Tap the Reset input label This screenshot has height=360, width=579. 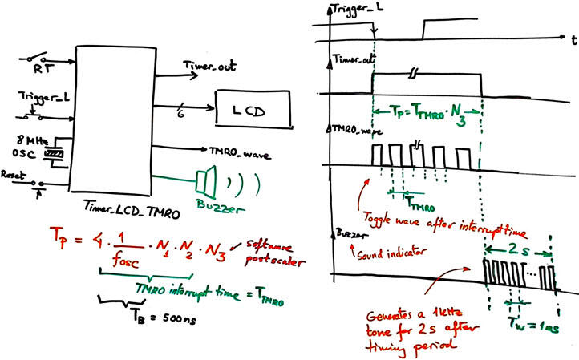[x=14, y=172]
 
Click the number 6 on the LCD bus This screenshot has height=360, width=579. [x=181, y=115]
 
